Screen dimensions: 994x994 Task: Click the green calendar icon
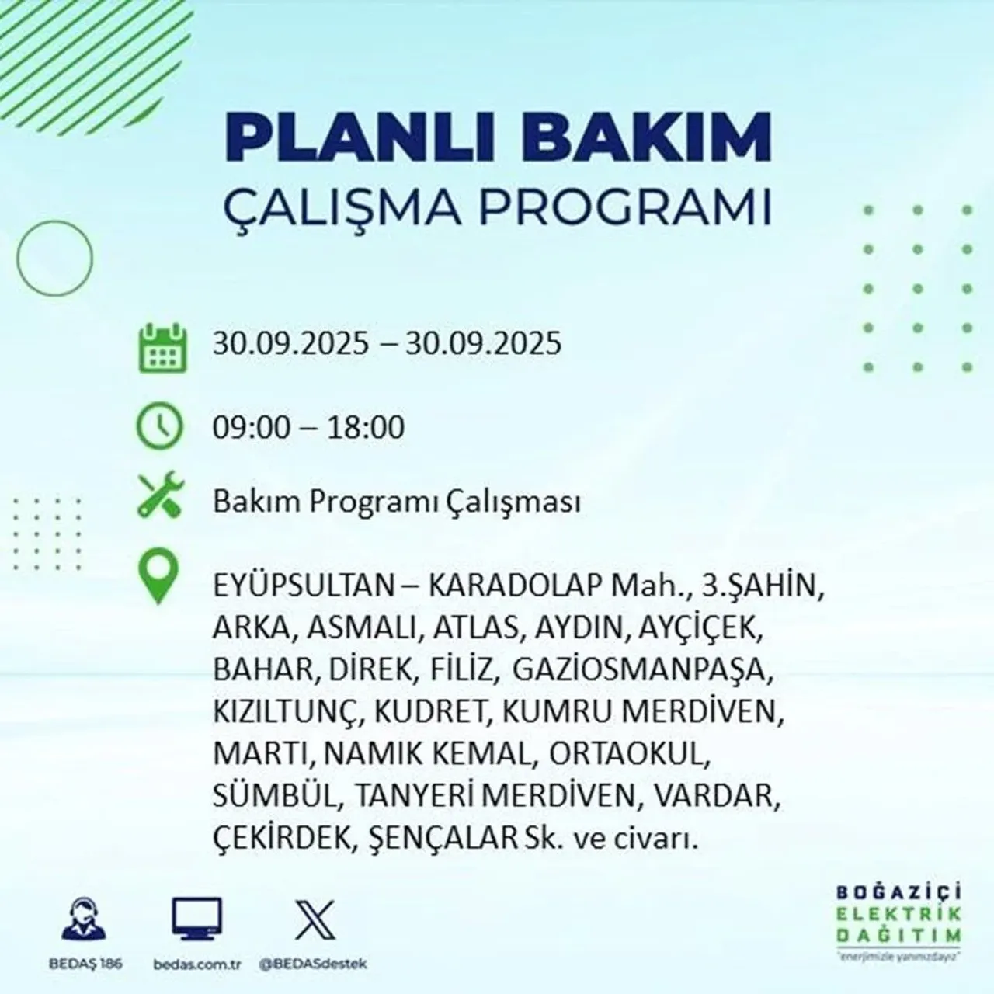coord(162,349)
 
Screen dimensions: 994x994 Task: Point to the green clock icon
coord(159,427)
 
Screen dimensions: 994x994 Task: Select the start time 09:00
coord(248,428)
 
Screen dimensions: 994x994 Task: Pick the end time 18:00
coord(366,428)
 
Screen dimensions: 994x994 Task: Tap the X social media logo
coord(316,919)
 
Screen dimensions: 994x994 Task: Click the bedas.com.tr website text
coord(196,964)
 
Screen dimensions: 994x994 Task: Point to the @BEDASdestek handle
coord(312,964)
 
